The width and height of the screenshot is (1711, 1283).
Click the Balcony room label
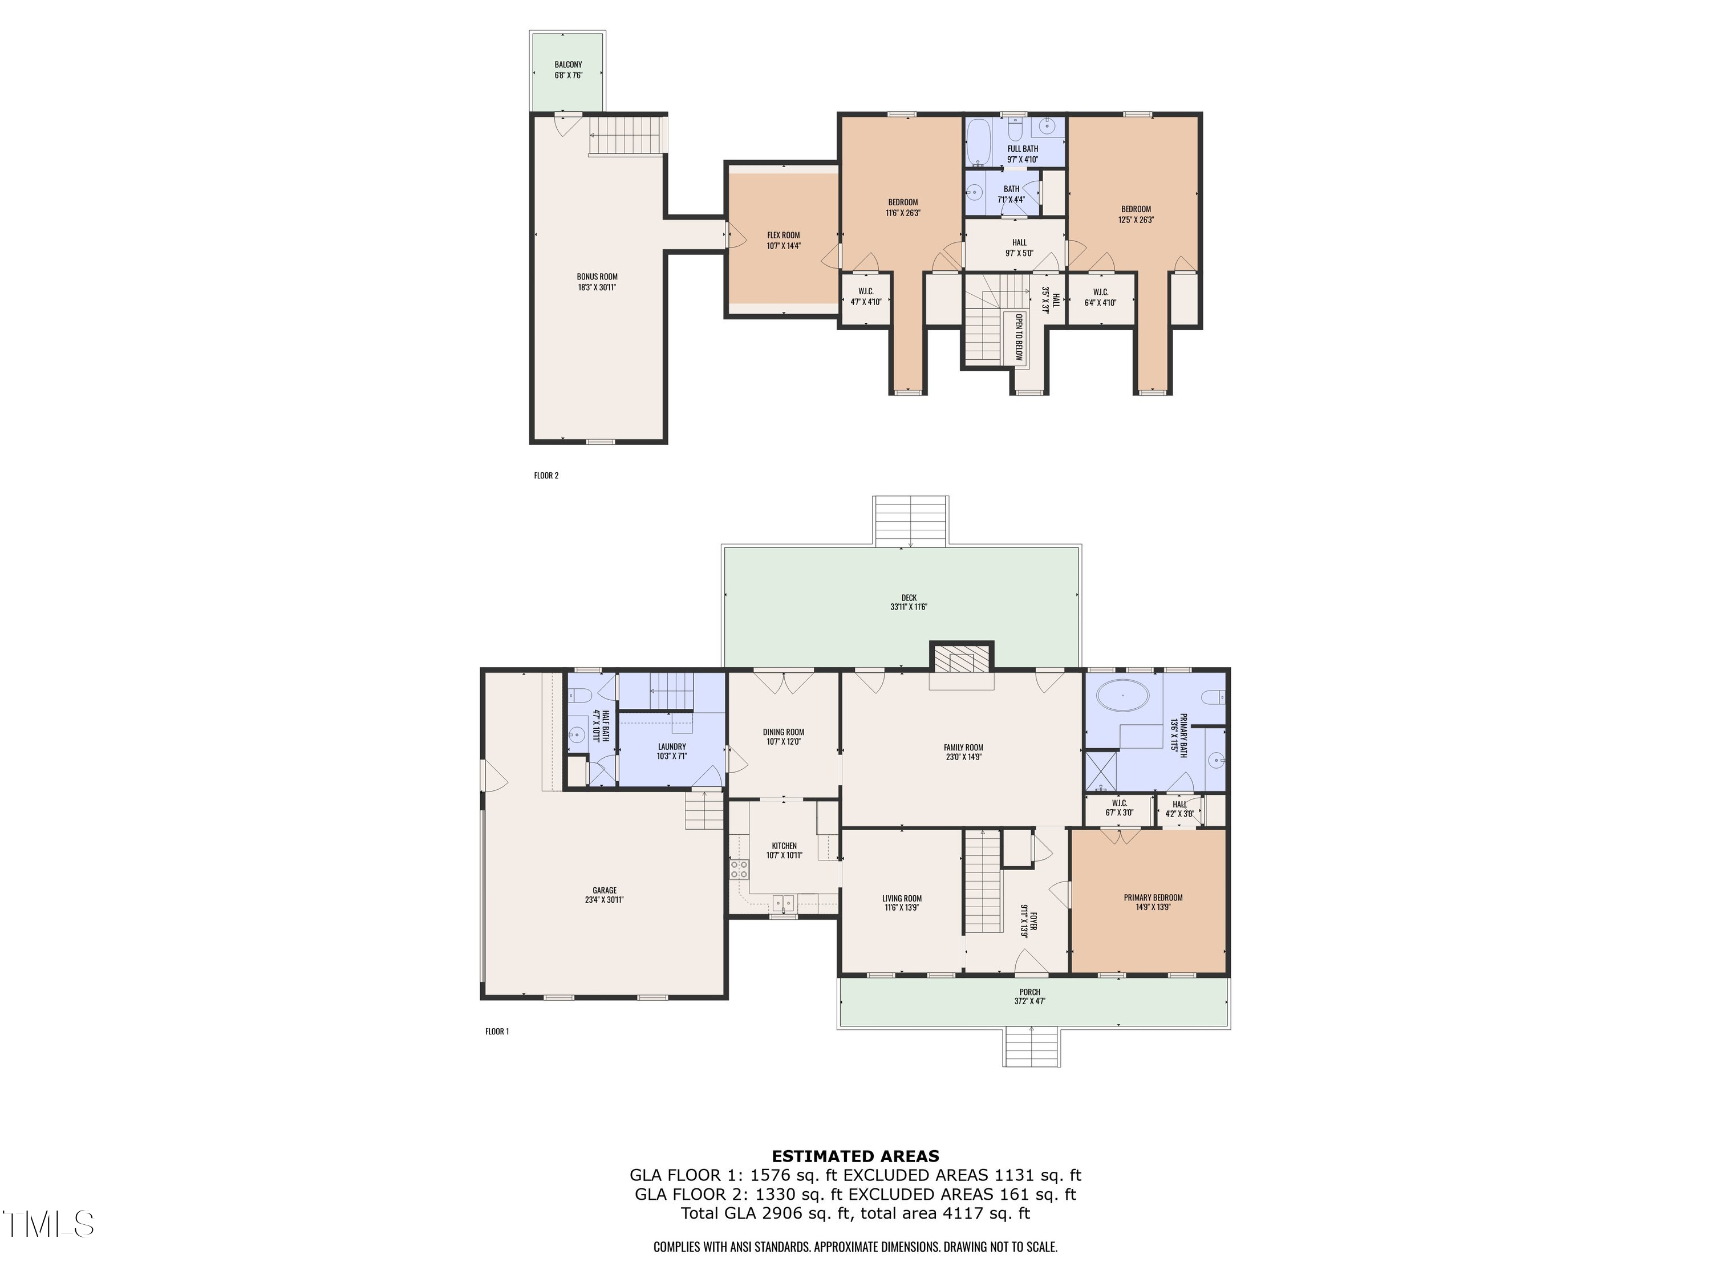click(x=567, y=65)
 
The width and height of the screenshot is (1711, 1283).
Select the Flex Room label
click(x=783, y=235)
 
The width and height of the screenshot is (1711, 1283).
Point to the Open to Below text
click(x=1018, y=337)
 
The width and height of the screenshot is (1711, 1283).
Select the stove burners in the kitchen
click(x=739, y=868)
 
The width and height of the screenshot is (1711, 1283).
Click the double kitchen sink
click(x=784, y=902)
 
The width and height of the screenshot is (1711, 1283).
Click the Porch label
click(x=1029, y=992)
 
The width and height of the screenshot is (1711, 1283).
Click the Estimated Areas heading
click(x=855, y=1156)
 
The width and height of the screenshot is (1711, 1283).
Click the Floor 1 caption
click(x=497, y=1031)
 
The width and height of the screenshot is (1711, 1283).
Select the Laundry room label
click(x=671, y=747)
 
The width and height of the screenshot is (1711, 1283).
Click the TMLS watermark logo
click(x=48, y=1224)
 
